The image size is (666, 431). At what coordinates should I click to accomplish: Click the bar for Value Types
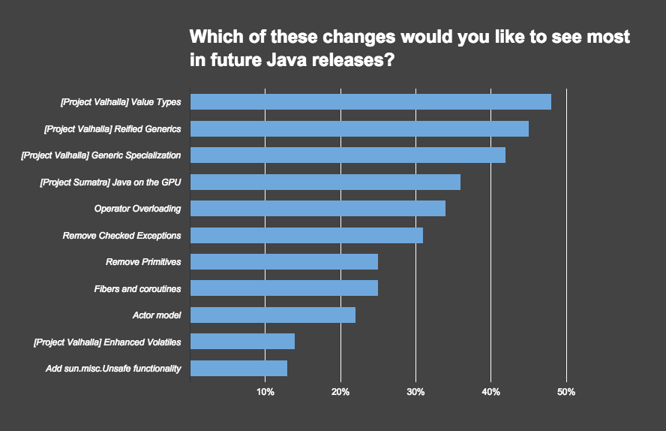pyautogui.click(x=370, y=102)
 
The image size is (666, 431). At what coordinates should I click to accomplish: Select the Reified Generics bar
pyautogui.click(x=359, y=128)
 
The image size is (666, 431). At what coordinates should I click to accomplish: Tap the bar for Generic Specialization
pyautogui.click(x=348, y=155)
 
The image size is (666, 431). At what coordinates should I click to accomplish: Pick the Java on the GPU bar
pyautogui.click(x=325, y=182)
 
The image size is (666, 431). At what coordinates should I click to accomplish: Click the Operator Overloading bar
pyautogui.click(x=318, y=209)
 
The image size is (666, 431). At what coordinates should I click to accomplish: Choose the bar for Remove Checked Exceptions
pyautogui.click(x=307, y=235)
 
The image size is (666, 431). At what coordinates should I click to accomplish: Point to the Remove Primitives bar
pyautogui.click(x=284, y=262)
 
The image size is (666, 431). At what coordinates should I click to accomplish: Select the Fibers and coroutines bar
pyautogui.click(x=284, y=288)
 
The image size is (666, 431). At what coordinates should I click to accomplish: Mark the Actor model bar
pyautogui.click(x=273, y=315)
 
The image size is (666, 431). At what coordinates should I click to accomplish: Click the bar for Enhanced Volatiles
pyautogui.click(x=243, y=342)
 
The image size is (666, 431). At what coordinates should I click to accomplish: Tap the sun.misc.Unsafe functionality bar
pyautogui.click(x=239, y=369)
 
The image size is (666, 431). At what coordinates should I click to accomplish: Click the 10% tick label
pyautogui.click(x=265, y=392)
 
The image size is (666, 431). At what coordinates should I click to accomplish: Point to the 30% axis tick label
pyautogui.click(x=415, y=392)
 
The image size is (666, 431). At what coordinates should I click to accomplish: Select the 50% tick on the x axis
pyautogui.click(x=566, y=392)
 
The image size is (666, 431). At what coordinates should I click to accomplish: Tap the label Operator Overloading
pyautogui.click(x=137, y=209)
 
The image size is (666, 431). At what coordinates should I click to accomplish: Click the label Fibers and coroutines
pyautogui.click(x=137, y=288)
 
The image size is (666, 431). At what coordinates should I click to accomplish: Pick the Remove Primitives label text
pyautogui.click(x=143, y=262)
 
